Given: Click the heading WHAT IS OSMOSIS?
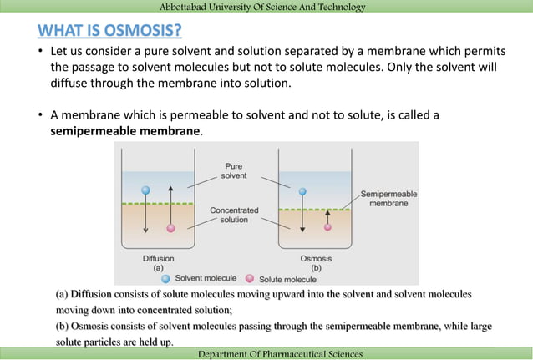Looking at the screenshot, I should [x=109, y=33].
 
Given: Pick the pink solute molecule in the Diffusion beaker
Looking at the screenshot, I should [x=171, y=227].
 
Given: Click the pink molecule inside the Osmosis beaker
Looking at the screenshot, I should [x=327, y=226].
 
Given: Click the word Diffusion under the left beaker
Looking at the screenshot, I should [x=158, y=259].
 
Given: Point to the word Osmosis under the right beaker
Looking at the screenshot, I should [x=316, y=259].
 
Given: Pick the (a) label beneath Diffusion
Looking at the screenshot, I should [x=158, y=268].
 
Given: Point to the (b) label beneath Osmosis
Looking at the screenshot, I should [x=316, y=268].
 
